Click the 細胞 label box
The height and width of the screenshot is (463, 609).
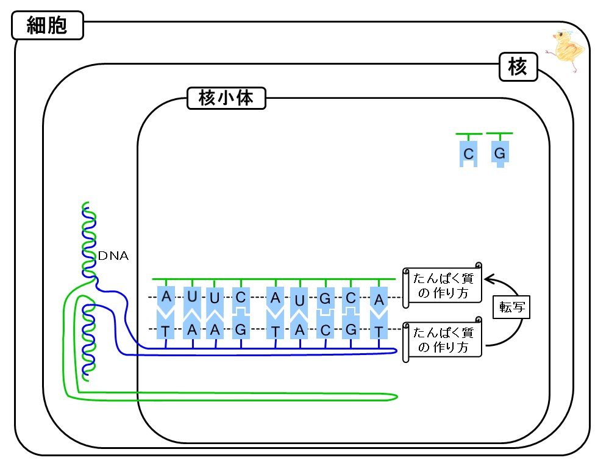click(48, 25)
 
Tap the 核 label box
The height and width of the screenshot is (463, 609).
click(518, 67)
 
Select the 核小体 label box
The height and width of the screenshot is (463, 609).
click(226, 98)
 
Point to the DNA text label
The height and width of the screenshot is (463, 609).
click(113, 256)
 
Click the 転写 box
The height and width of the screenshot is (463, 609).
click(511, 307)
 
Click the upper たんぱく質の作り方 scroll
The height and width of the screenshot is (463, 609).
click(443, 285)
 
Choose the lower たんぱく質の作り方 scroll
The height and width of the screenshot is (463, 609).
click(443, 339)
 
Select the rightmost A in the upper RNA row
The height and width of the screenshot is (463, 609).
click(379, 300)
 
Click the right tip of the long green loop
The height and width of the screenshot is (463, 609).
click(397, 397)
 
